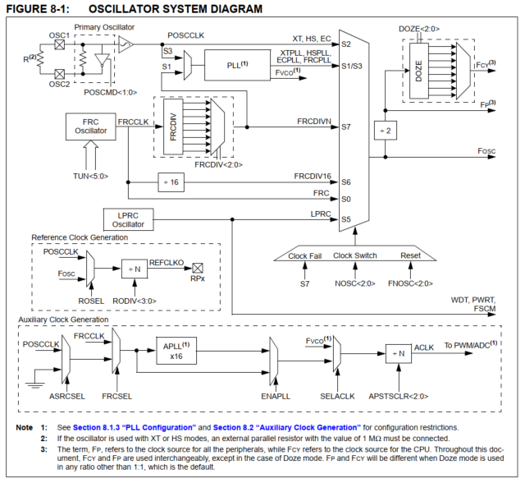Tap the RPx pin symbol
pos(198,269)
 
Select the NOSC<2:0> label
pos(354,283)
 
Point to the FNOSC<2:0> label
pos(411,283)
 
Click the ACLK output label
pos(424,347)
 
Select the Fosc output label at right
pos(491,152)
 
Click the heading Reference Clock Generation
pos(80,237)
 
